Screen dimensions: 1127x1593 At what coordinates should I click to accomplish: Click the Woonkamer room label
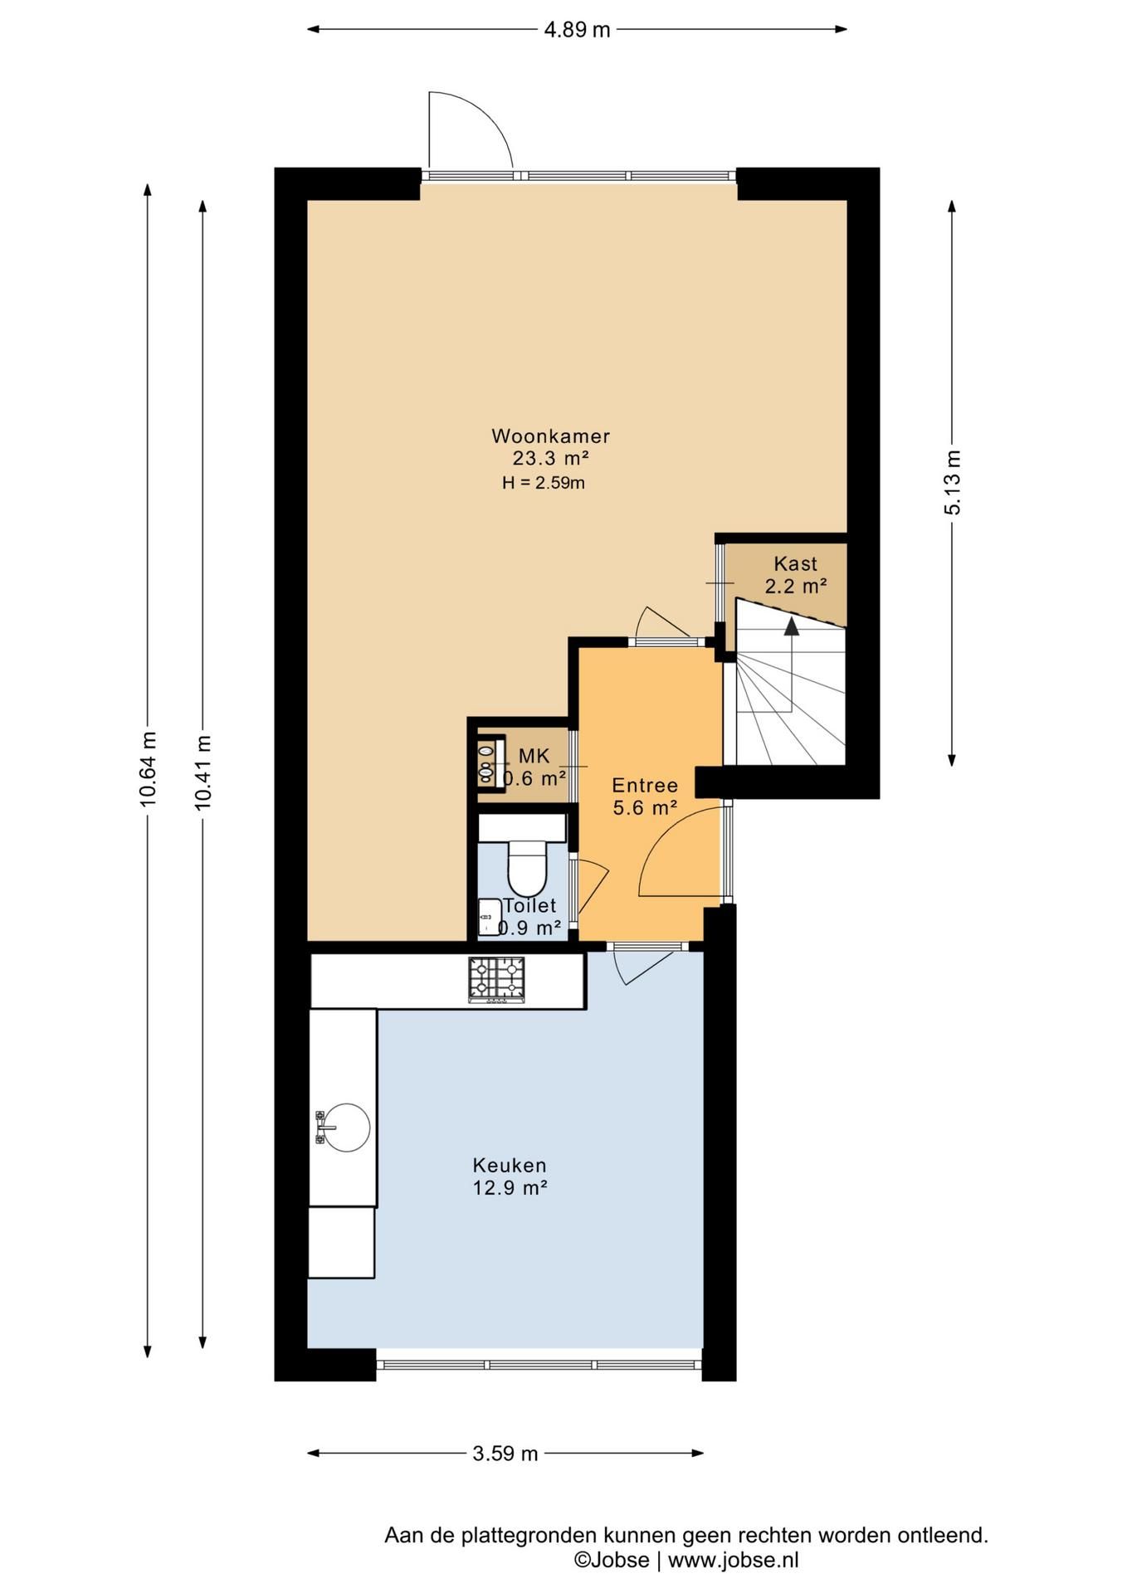coord(550,436)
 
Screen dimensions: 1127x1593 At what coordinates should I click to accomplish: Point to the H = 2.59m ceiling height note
coord(544,483)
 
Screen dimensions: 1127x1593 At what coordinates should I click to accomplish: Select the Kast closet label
coord(796,564)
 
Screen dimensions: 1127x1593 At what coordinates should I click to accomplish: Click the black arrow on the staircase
coord(792,626)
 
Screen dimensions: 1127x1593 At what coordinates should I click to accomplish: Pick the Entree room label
coord(645,786)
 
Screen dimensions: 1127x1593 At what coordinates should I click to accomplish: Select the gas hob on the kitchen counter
coord(496,980)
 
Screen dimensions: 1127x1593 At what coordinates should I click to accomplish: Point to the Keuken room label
coord(510,1166)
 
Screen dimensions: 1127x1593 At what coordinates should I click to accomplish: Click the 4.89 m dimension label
coord(577,30)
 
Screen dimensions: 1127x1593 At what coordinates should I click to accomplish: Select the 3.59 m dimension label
coord(505,1454)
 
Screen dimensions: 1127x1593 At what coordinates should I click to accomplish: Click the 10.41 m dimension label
coord(202,772)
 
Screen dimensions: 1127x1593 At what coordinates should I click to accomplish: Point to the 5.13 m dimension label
coord(952,483)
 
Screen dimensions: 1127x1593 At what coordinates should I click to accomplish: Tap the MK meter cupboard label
coord(534,756)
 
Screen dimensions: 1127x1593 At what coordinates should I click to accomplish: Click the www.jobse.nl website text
coord(734,1560)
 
